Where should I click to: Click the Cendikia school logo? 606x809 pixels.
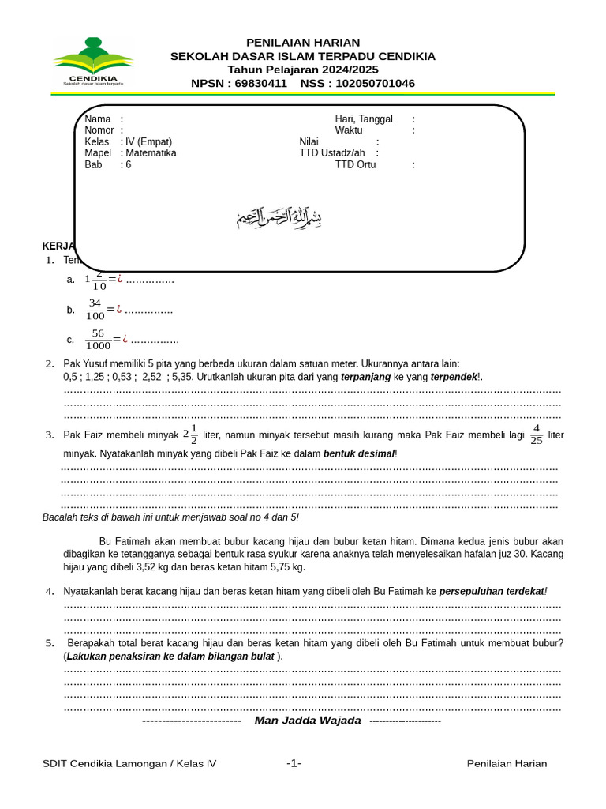(x=93, y=62)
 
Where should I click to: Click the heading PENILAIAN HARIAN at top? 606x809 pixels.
(x=303, y=42)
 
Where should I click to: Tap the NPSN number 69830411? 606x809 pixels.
(x=261, y=84)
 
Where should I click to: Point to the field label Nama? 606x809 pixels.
(x=98, y=119)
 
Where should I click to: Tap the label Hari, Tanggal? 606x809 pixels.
(x=364, y=119)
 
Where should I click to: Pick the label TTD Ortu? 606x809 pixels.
(x=355, y=165)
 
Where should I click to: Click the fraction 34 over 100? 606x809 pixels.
(x=95, y=310)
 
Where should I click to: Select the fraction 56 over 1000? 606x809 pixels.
(x=98, y=340)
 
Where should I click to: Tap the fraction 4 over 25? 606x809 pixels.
(x=537, y=435)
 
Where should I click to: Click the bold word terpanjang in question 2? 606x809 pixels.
(x=365, y=378)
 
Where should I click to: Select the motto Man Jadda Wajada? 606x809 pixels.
(x=308, y=721)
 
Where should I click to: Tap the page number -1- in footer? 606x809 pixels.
(x=294, y=763)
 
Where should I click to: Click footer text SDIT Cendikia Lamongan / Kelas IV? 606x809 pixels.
(x=129, y=763)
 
